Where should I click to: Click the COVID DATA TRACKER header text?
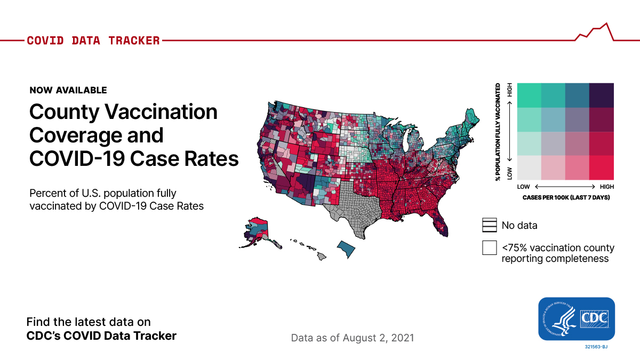(93, 41)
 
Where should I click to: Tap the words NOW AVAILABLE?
(68, 90)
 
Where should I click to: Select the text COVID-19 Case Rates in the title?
(133, 158)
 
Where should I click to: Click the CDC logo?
(577, 318)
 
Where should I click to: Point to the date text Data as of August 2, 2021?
(352, 338)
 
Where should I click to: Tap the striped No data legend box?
(489, 225)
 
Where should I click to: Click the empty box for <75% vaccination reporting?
(489, 248)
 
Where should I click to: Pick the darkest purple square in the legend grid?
(602, 95)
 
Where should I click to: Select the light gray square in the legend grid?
(529, 167)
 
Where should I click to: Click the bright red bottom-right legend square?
(602, 167)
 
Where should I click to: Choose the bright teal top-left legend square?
(529, 95)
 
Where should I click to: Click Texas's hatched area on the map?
(355, 208)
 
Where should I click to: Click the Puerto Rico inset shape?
(346, 249)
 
